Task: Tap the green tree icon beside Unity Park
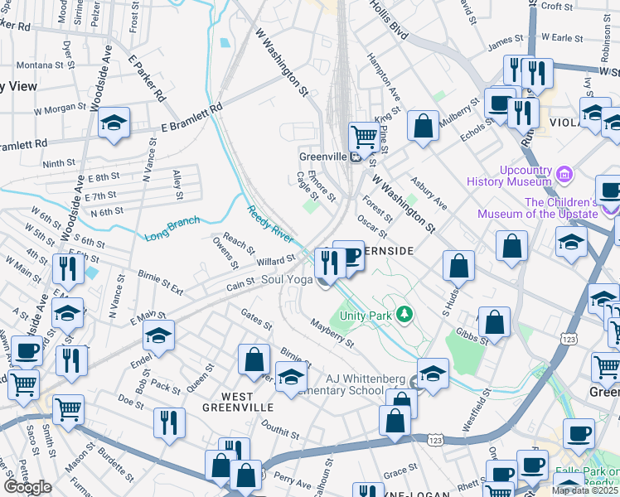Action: (x=404, y=314)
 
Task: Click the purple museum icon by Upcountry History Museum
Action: (x=565, y=174)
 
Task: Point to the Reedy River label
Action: (x=270, y=224)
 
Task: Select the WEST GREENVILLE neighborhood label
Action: (x=238, y=408)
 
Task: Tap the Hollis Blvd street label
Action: (x=389, y=21)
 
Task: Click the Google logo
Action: (x=27, y=487)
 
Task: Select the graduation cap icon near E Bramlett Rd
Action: (x=114, y=124)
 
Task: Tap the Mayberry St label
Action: (x=332, y=331)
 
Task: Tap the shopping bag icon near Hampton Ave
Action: (x=423, y=127)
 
